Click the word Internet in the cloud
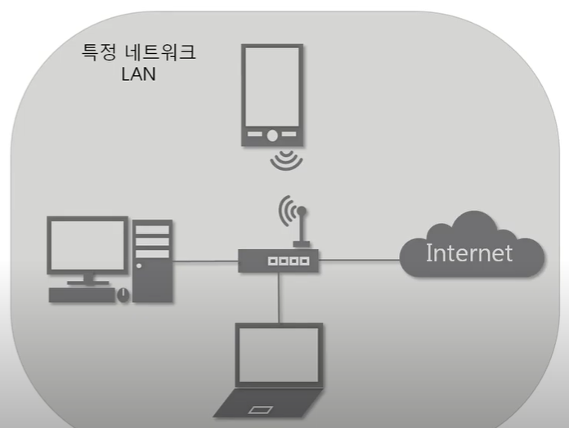(468, 252)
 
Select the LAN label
(138, 74)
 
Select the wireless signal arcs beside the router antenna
(284, 210)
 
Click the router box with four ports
(278, 261)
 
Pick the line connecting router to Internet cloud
(360, 261)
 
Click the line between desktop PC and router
(204, 261)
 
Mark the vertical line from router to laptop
(279, 297)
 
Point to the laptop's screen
(279, 354)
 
